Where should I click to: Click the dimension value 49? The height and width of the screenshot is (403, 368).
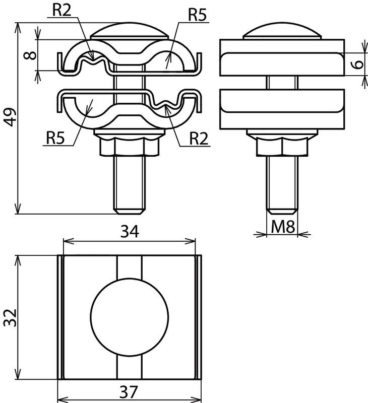(11, 117)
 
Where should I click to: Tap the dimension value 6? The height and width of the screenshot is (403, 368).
(358, 64)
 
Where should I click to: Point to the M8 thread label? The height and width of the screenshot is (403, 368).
(283, 227)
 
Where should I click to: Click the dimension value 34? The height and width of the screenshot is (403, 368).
(130, 231)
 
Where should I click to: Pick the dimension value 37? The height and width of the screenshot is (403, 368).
(129, 392)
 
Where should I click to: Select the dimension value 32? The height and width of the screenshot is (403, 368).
(10, 317)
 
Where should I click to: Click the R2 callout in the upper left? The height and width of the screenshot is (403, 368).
(62, 10)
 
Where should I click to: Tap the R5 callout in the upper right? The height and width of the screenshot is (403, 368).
(197, 15)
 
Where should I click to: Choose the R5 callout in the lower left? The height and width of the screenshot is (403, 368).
(55, 138)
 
